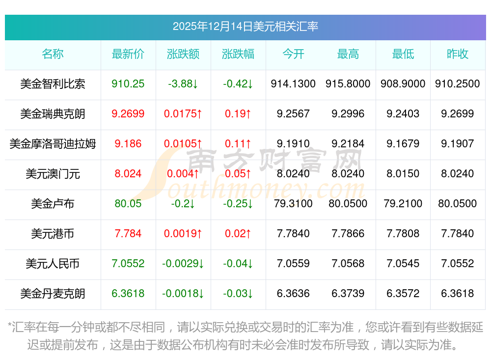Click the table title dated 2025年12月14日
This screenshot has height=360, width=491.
(245, 26)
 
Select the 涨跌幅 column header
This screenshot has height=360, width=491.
(238, 54)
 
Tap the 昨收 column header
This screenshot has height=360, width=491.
(458, 54)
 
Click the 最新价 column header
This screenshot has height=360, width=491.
(128, 54)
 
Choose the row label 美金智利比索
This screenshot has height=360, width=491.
(53, 84)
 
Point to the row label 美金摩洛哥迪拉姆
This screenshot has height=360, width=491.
(53, 144)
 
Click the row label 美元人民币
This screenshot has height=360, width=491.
(53, 264)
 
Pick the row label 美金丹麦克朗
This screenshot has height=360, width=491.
(53, 294)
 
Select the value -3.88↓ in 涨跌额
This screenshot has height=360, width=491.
(183, 84)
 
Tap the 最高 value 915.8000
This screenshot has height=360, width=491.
(348, 84)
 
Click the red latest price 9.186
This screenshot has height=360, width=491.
(128, 144)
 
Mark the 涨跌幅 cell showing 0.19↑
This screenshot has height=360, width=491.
(238, 114)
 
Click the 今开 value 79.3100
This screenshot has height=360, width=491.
(293, 204)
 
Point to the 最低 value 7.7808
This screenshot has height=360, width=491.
(403, 234)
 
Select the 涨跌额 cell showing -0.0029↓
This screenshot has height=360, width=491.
(183, 264)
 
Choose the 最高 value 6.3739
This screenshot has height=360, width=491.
(348, 294)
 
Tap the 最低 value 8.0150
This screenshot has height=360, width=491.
(403, 174)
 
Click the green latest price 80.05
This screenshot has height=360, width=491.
(128, 204)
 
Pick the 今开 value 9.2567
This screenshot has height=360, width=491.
(293, 114)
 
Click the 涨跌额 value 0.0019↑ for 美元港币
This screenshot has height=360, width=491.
(183, 234)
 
